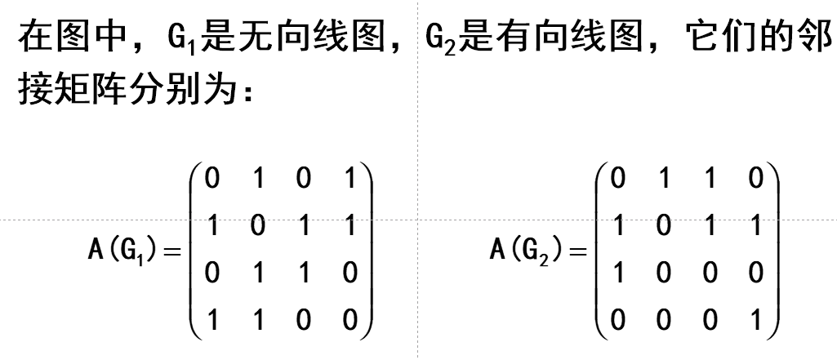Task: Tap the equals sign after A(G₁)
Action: point(171,251)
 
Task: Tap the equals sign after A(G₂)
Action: point(577,251)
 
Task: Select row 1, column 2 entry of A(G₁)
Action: point(259,179)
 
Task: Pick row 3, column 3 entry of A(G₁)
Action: point(304,273)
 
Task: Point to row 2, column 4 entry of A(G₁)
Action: point(350,225)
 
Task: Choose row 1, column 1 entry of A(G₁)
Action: point(213,179)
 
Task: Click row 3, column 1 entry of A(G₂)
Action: point(619,273)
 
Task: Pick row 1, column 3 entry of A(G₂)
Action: point(710,179)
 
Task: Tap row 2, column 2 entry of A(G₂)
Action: point(664,225)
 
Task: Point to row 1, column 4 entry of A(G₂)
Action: point(756,179)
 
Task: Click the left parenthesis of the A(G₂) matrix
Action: point(602,249)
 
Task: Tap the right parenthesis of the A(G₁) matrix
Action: point(367,249)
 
